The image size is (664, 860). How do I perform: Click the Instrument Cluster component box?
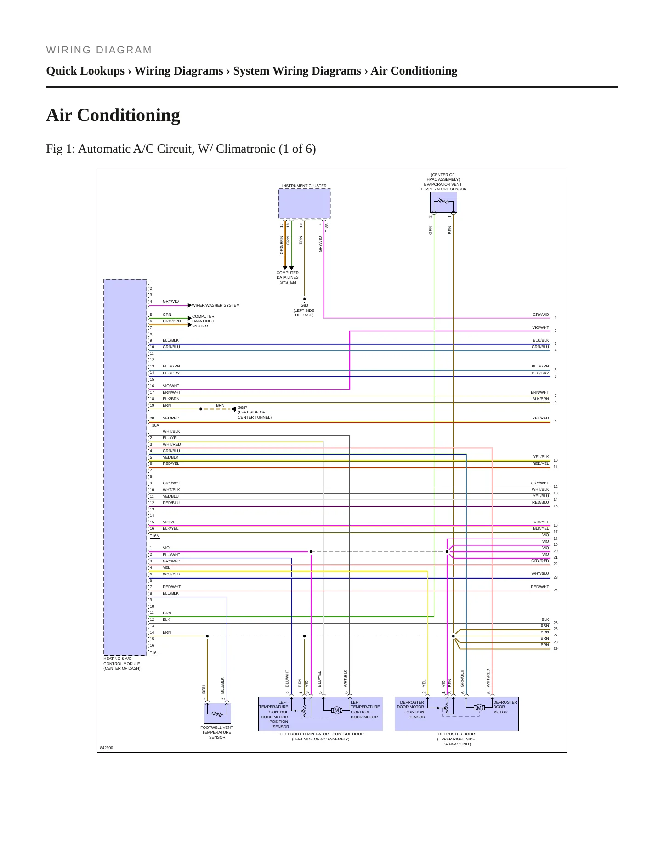coord(304,204)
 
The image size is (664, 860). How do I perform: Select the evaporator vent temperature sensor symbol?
coord(443,202)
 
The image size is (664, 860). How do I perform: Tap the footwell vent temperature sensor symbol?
coord(217,713)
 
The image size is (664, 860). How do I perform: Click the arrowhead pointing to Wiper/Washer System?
coord(190,305)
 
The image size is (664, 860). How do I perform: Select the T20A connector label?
coord(154,426)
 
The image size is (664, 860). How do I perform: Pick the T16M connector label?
coord(155,536)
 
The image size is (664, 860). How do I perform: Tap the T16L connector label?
coord(154,653)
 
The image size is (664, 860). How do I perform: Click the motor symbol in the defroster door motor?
coord(479,708)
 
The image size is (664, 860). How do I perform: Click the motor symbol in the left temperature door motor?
coord(337,711)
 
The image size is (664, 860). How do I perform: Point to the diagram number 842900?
coord(107,748)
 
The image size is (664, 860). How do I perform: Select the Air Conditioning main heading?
coord(113,115)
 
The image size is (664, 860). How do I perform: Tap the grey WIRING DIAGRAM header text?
coord(99,50)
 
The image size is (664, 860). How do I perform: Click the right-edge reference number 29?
coord(556,649)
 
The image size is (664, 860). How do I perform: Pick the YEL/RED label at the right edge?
coord(540,418)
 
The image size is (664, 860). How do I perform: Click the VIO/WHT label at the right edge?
coord(540,327)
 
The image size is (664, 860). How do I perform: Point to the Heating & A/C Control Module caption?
coord(122,664)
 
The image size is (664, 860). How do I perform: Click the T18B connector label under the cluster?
coord(327,228)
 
